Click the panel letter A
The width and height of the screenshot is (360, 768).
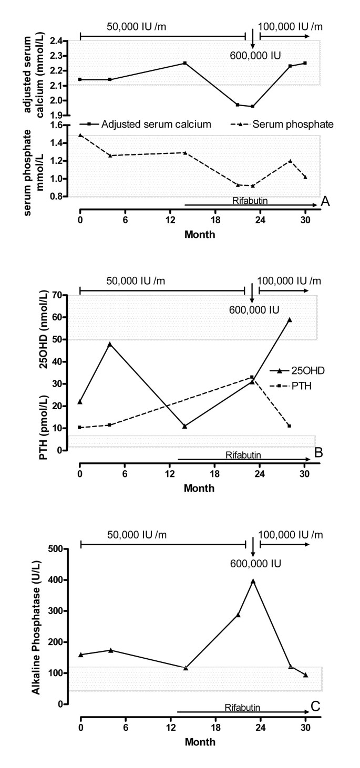tap(325, 201)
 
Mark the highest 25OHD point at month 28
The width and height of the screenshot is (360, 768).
tap(289, 319)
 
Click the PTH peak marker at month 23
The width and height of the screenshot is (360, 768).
tap(252, 377)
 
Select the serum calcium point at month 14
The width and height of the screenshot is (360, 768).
tap(184, 63)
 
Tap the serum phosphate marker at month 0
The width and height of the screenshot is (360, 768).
tap(80, 135)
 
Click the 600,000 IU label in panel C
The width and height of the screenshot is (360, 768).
tap(255, 564)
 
